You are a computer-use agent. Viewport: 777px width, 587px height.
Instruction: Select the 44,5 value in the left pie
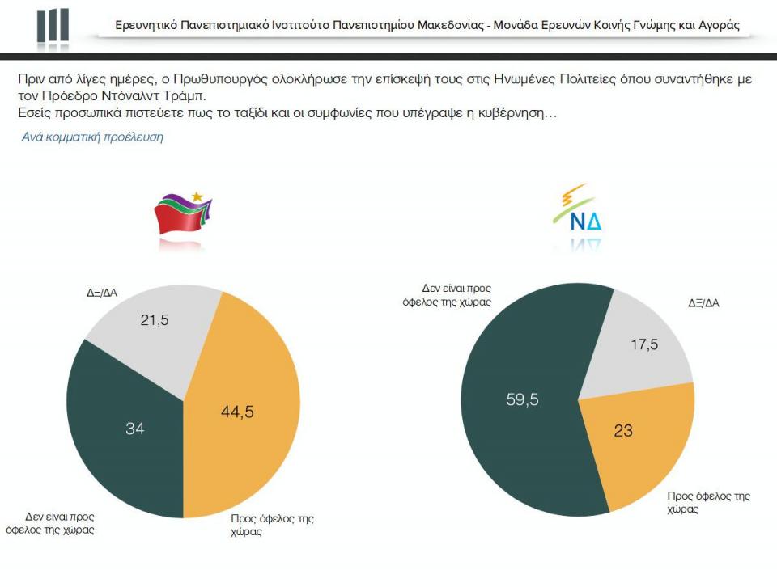(237, 412)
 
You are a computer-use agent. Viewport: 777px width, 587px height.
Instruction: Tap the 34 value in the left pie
(134, 429)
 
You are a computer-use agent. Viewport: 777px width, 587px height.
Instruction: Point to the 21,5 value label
(155, 320)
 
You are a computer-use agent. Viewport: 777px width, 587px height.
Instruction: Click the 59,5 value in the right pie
(522, 399)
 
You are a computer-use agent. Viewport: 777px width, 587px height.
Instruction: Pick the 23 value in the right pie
(622, 431)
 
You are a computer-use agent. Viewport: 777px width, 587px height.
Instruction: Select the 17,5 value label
(644, 344)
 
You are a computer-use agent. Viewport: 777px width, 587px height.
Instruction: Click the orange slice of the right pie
(647, 453)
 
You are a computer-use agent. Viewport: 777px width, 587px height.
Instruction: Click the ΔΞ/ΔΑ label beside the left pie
(102, 292)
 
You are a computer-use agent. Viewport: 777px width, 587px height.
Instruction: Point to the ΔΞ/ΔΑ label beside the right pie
(704, 303)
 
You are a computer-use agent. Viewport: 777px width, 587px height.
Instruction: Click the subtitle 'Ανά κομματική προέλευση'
(92, 137)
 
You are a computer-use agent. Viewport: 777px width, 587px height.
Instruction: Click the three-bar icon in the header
(53, 26)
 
